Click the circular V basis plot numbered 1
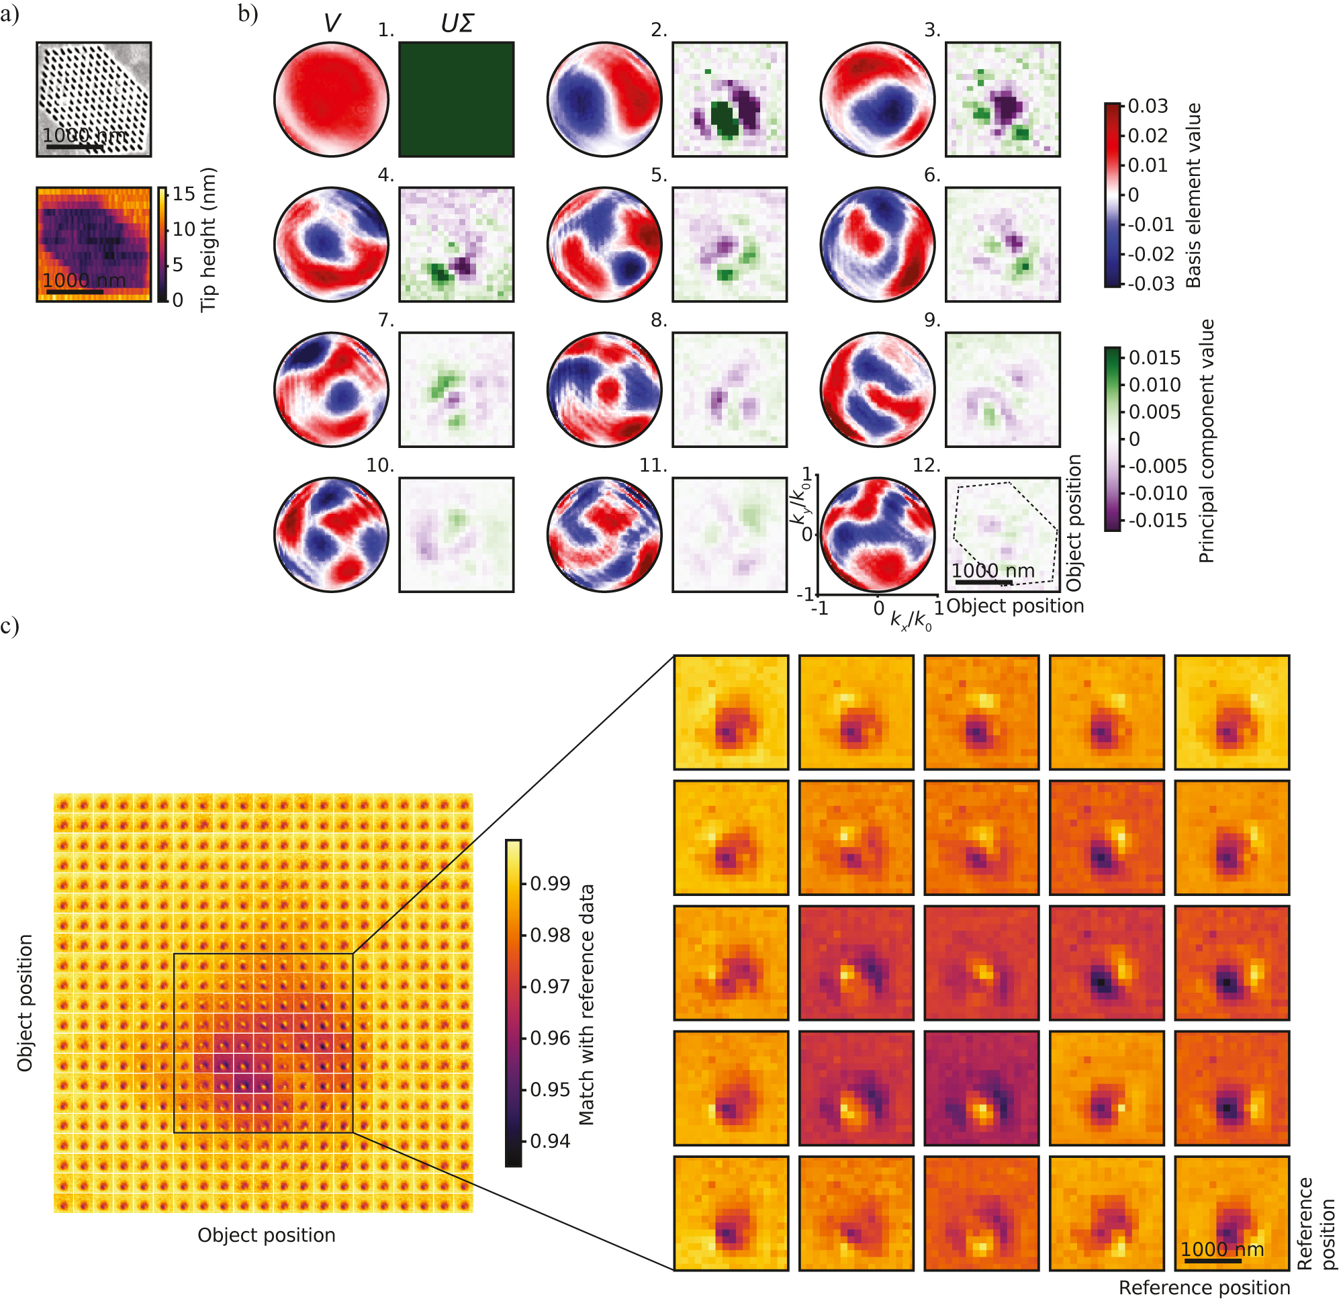click(x=331, y=99)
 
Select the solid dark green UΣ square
click(x=457, y=99)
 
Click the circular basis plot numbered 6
click(x=878, y=244)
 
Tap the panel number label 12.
click(x=926, y=465)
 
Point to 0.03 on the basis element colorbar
click(x=1148, y=106)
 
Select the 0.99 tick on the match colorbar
click(x=549, y=883)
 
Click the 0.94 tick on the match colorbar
click(x=549, y=1141)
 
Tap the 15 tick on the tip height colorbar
click(x=183, y=194)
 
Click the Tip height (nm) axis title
click(x=208, y=240)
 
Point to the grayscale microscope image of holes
click(x=94, y=99)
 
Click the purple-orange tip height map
click(x=94, y=244)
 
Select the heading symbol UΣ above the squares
click(x=457, y=24)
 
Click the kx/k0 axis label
click(x=911, y=621)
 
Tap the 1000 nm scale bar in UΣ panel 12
click(x=984, y=582)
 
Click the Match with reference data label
click(x=586, y=1004)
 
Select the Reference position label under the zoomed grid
click(x=1204, y=1288)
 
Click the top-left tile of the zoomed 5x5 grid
click(x=731, y=712)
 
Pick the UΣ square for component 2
click(x=730, y=99)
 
